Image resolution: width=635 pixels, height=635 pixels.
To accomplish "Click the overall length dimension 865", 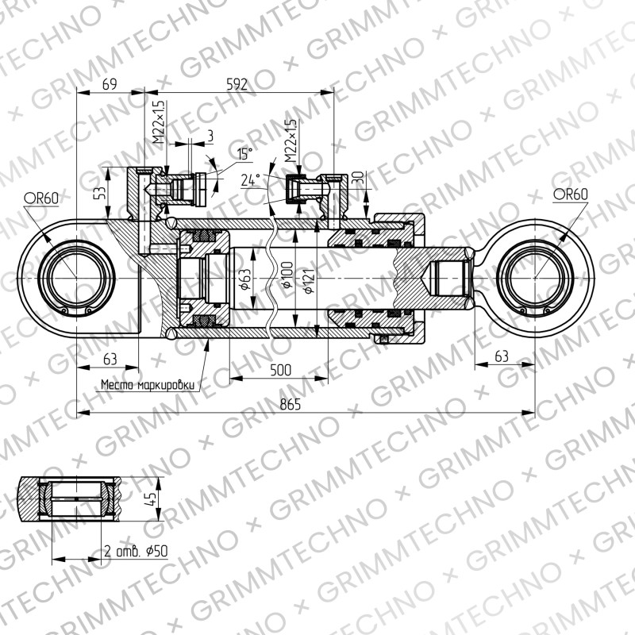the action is (291, 404).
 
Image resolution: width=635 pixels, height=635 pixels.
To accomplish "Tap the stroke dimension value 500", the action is (280, 370).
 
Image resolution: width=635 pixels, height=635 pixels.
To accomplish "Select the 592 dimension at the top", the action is (237, 84).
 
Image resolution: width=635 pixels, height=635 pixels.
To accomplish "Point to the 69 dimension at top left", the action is (110, 84).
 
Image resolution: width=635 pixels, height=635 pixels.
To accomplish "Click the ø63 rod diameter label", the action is (245, 280).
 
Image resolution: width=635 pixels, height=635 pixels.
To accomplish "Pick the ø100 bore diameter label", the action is (287, 275).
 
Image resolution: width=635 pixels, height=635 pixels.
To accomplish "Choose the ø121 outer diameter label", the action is (309, 281).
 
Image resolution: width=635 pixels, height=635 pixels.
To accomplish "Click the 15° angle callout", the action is (244, 154).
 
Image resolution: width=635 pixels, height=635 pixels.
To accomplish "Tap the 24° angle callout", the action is (250, 179).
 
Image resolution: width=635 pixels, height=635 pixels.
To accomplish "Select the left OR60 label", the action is (41, 198).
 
